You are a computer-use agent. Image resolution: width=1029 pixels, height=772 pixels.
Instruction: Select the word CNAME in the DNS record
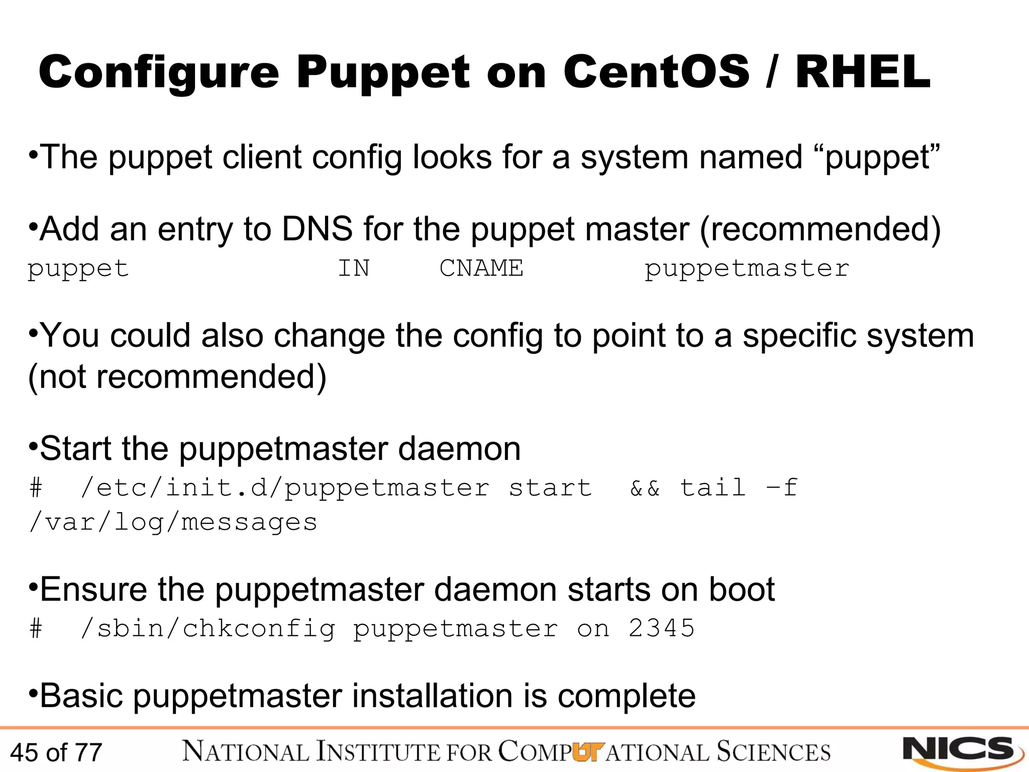coord(481,268)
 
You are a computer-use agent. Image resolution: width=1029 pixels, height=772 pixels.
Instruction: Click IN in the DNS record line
coord(354,268)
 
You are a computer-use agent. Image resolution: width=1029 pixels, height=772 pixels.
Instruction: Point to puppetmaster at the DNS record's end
coord(747,269)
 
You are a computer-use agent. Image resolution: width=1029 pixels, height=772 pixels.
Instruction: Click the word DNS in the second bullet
coord(317,229)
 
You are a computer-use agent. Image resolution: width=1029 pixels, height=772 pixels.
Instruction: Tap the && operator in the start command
coord(645,488)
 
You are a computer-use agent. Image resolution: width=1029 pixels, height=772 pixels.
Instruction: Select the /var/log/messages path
coord(173,523)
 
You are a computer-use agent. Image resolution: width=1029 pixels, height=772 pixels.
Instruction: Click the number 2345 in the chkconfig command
coord(661,628)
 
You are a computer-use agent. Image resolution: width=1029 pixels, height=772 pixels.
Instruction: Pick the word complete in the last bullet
coord(627,696)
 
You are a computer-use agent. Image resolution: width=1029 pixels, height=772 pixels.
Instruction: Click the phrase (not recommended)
coord(177,376)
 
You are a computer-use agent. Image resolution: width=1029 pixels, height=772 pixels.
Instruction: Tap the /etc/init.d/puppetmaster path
coord(285,488)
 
